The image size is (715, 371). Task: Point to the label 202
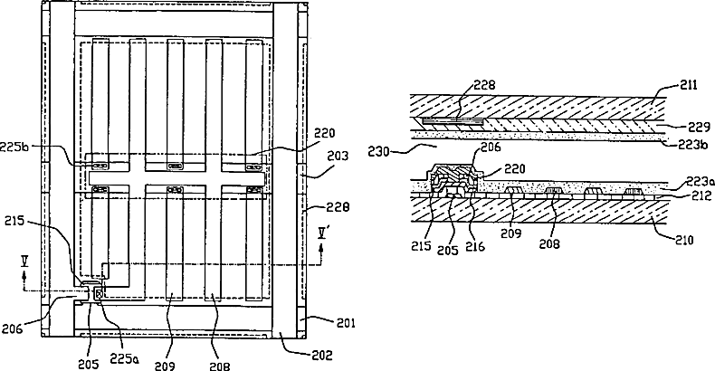point(296,355)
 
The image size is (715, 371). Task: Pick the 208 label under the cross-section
point(551,243)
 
